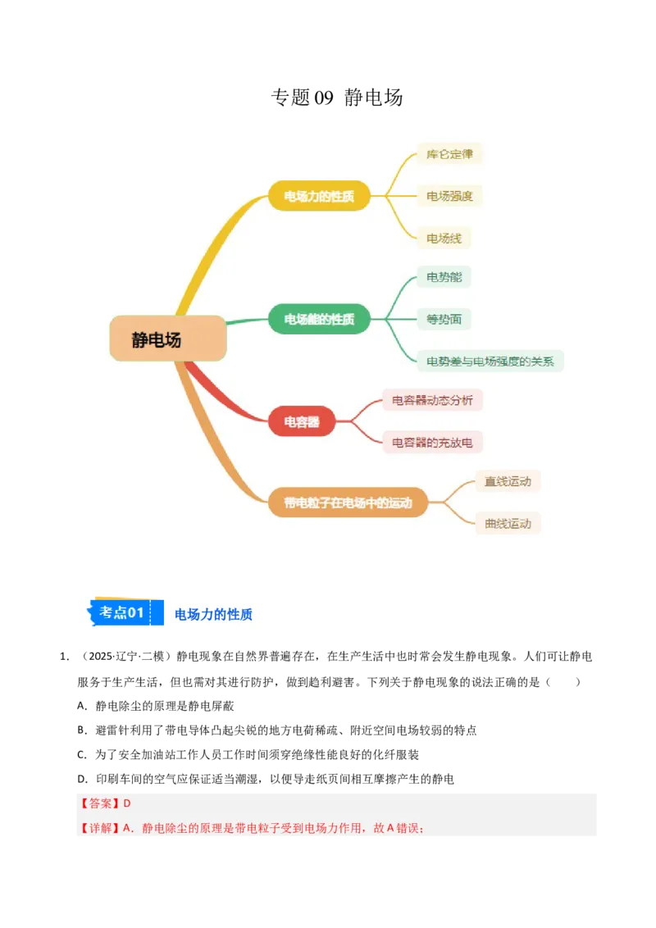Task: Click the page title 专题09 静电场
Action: click(337, 97)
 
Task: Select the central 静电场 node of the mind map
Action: click(168, 339)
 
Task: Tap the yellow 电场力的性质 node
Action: click(319, 196)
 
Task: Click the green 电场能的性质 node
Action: click(319, 319)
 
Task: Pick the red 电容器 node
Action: click(302, 421)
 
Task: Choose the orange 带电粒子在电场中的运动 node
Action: click(348, 503)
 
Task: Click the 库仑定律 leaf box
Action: click(449, 154)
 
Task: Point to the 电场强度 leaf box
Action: click(449, 196)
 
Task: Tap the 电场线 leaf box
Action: click(444, 238)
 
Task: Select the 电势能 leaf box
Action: click(444, 277)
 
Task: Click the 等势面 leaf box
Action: click(444, 319)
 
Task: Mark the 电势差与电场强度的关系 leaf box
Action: click(490, 361)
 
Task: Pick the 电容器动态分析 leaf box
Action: click(432, 400)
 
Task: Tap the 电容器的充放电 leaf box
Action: click(432, 442)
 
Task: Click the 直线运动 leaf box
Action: click(508, 481)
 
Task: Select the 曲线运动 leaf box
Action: click(508, 523)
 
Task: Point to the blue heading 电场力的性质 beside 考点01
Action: click(214, 614)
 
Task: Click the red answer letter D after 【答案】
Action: click(127, 803)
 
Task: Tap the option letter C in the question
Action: click(81, 754)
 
